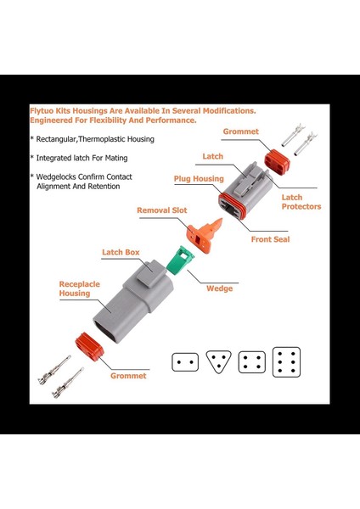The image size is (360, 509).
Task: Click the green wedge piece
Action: click(180, 260)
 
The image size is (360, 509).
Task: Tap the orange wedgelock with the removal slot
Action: click(205, 235)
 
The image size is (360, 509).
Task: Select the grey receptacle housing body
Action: click(133, 301)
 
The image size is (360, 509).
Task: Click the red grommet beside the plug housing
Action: click(277, 162)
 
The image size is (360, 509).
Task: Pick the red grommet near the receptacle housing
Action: click(89, 347)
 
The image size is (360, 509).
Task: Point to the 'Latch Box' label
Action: click(121, 252)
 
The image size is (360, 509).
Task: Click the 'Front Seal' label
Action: click(270, 239)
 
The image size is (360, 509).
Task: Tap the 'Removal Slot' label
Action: click(162, 210)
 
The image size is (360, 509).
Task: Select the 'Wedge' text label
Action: click(220, 288)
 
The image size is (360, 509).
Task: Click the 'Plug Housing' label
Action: click(199, 178)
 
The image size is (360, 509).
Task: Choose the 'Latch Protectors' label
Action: click(301, 202)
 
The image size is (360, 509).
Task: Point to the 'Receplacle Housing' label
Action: click(79, 288)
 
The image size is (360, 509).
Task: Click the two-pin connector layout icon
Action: click(185, 362)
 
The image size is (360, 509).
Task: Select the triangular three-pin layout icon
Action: click(219, 361)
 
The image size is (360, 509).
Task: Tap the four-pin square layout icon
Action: click(252, 362)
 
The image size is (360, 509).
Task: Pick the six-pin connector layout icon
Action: click(286, 362)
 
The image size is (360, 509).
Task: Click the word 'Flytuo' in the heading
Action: click(42, 110)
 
